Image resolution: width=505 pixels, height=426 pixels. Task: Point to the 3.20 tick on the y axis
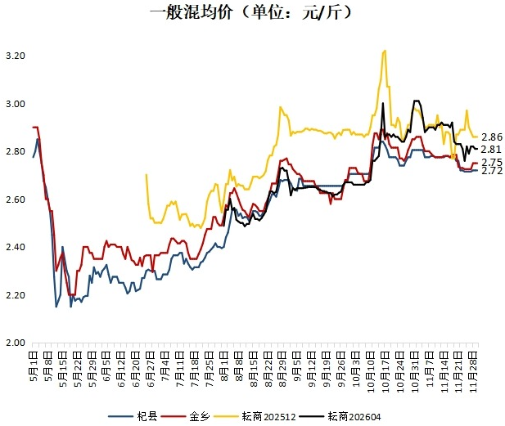(x=16, y=56)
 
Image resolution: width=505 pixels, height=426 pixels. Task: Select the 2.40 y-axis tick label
(x=16, y=247)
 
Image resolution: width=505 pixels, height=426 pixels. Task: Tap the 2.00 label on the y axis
(x=16, y=343)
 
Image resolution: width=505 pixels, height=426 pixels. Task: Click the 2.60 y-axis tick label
(x=16, y=200)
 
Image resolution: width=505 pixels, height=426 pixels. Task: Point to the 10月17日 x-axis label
(x=381, y=365)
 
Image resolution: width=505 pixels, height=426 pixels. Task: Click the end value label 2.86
(x=492, y=137)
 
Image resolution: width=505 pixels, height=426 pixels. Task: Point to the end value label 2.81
(x=492, y=149)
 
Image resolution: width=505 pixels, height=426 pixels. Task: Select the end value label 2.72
(x=492, y=171)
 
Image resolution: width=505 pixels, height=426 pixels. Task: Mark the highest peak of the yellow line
(x=384, y=51)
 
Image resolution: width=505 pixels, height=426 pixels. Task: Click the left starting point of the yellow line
(x=146, y=174)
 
